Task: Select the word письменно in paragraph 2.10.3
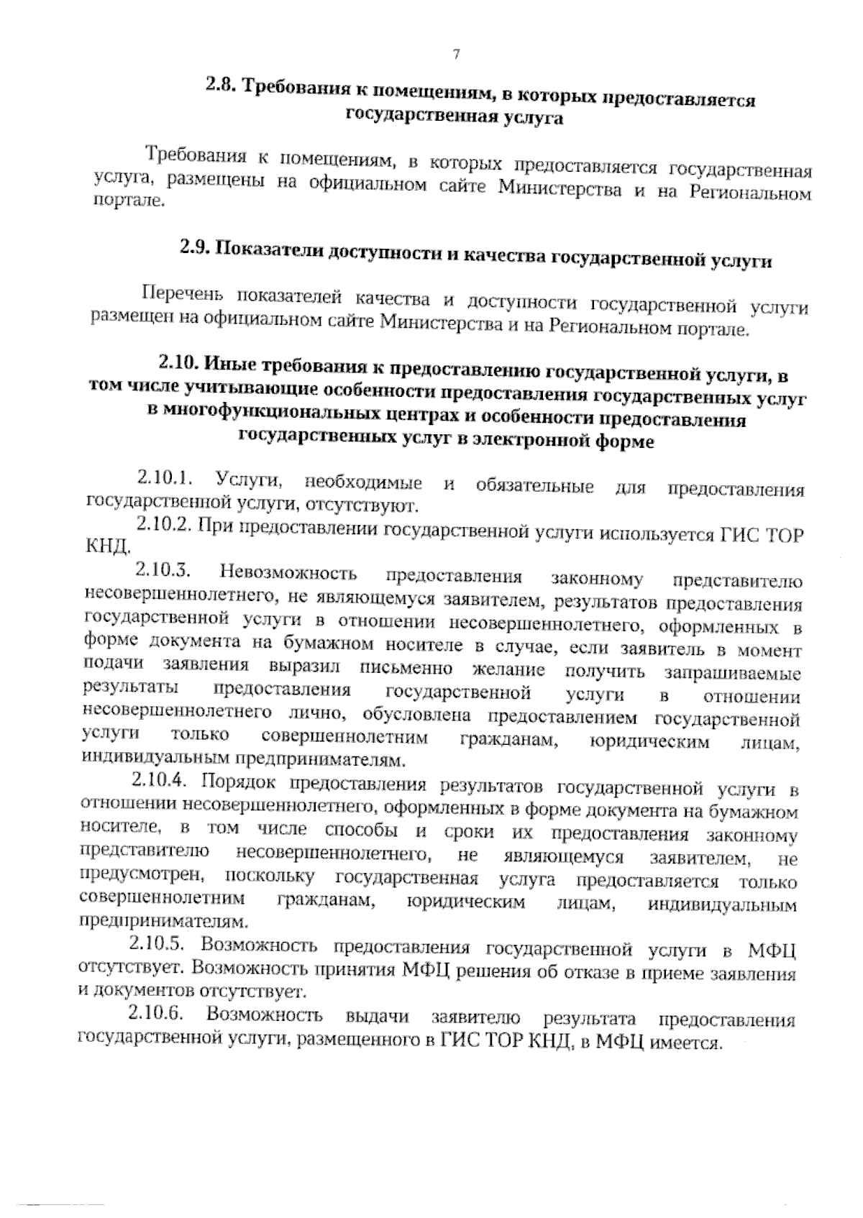point(409,669)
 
